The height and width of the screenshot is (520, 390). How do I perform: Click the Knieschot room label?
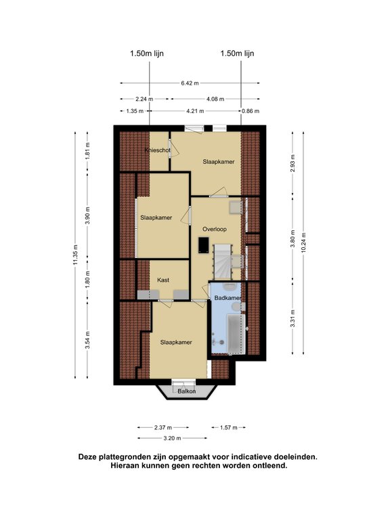[158, 150]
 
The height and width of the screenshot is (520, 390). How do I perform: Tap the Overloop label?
[215, 229]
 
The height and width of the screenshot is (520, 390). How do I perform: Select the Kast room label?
[163, 280]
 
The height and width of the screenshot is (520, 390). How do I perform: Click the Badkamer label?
[227, 298]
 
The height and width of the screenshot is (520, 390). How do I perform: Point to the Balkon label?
[187, 391]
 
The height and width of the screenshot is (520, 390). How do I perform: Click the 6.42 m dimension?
[190, 83]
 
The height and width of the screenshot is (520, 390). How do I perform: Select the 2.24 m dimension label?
[144, 99]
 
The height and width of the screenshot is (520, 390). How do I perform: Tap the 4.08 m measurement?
[215, 99]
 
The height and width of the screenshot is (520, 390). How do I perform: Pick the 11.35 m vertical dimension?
[76, 255]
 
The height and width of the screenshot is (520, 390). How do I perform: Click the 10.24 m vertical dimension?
[304, 243]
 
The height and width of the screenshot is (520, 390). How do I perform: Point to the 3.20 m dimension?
[173, 439]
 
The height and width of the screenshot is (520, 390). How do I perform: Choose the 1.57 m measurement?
[229, 428]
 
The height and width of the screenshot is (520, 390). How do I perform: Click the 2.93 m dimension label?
[292, 162]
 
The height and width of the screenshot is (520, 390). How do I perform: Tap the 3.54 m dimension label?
[87, 341]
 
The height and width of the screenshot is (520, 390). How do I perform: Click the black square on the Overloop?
[204, 245]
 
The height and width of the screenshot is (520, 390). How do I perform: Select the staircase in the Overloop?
[223, 262]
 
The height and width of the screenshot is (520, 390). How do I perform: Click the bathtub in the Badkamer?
[236, 333]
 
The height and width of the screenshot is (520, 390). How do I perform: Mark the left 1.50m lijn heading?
[147, 53]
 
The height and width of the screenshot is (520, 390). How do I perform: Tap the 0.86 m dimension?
[251, 111]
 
